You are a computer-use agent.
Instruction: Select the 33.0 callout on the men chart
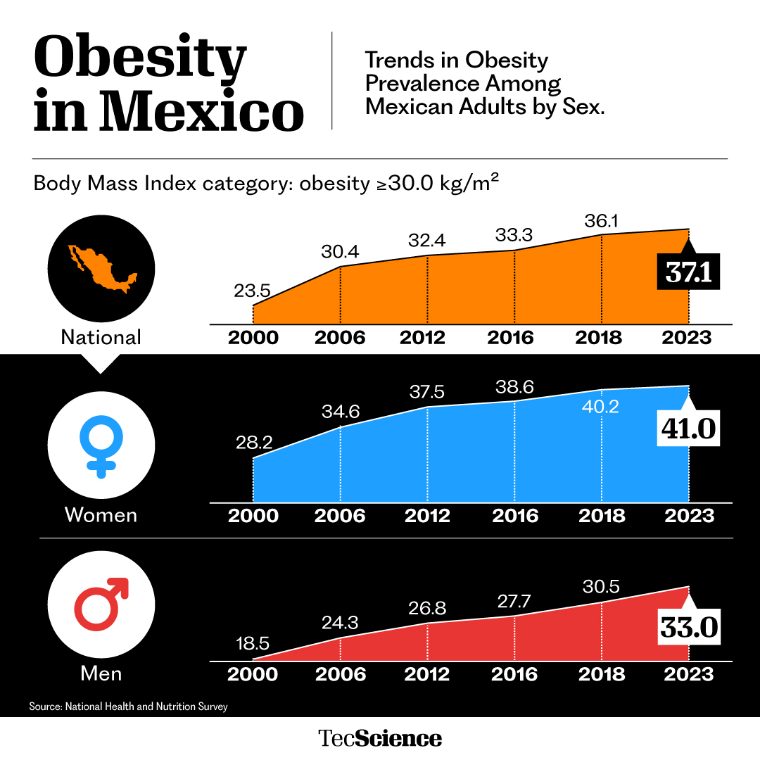pos(689,628)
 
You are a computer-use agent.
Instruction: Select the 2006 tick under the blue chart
pos(340,515)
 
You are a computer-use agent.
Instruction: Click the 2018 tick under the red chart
pos(602,674)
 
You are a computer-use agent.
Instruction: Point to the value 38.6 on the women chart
pos(514,386)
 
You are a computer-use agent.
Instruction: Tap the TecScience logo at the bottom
pos(380,738)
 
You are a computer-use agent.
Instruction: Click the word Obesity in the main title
pos(140,60)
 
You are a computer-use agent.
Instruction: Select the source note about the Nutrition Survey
pos(128,706)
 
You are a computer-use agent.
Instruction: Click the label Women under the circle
pos(101,514)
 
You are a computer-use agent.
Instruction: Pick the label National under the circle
pos(101,337)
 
